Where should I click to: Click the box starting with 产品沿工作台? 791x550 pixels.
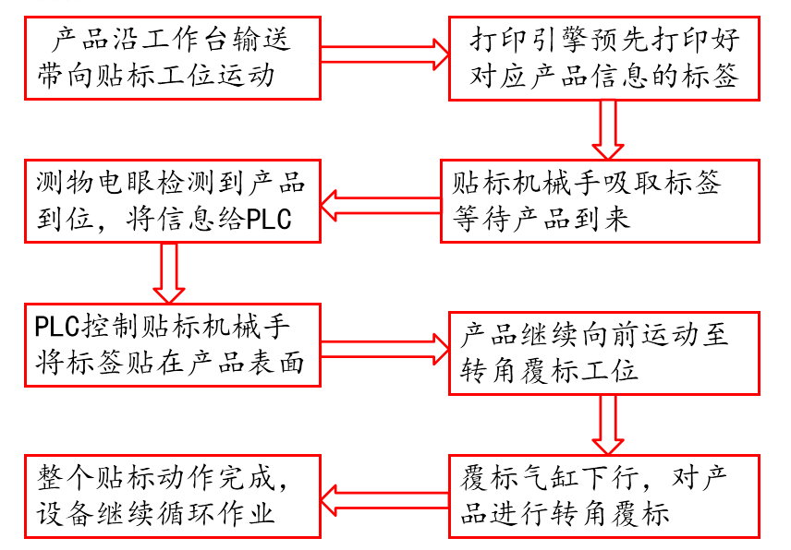point(174,57)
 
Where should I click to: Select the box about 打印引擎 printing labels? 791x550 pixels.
point(604,57)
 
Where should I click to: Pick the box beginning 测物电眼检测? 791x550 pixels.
point(174,201)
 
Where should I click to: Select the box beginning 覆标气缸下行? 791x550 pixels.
point(604,496)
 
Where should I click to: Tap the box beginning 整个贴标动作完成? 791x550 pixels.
point(174,496)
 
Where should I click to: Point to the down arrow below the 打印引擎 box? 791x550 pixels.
point(608,129)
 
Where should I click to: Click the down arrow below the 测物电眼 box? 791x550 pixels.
point(169,273)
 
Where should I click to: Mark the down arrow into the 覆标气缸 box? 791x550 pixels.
point(608,424)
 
